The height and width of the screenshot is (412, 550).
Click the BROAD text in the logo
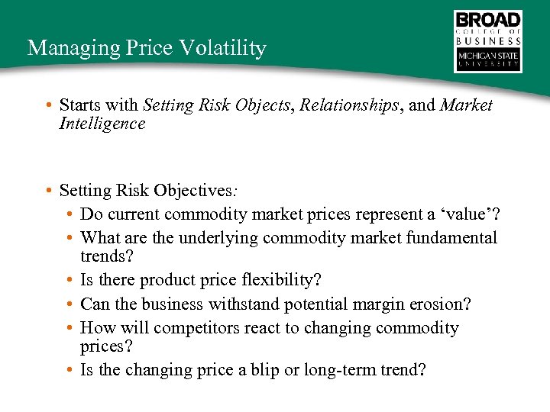coord(488,20)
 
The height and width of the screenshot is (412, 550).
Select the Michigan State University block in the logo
coord(488,60)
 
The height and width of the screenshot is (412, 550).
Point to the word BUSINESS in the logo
coord(488,41)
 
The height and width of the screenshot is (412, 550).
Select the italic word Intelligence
coord(102,123)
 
